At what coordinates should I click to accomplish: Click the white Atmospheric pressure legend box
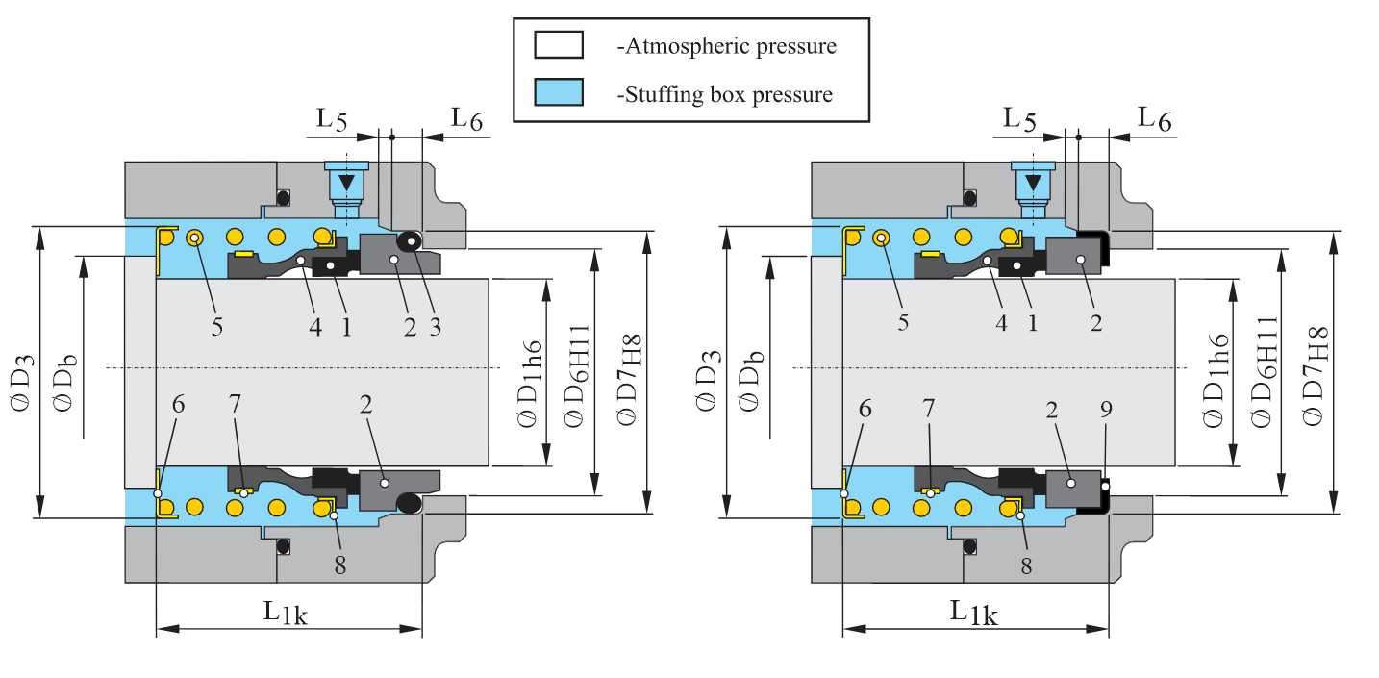tap(558, 45)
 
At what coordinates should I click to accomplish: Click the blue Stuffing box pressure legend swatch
tap(558, 92)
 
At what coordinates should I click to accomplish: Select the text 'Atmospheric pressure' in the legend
tap(725, 46)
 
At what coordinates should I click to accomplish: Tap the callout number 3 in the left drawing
tap(435, 327)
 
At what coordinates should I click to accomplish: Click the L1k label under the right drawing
tap(973, 612)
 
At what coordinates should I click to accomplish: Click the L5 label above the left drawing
tap(333, 120)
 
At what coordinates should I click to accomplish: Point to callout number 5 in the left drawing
tap(217, 326)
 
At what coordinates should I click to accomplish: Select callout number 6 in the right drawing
tap(865, 408)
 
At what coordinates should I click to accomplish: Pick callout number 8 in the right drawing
tap(1026, 566)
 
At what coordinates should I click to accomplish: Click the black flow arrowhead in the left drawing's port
tap(347, 184)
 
